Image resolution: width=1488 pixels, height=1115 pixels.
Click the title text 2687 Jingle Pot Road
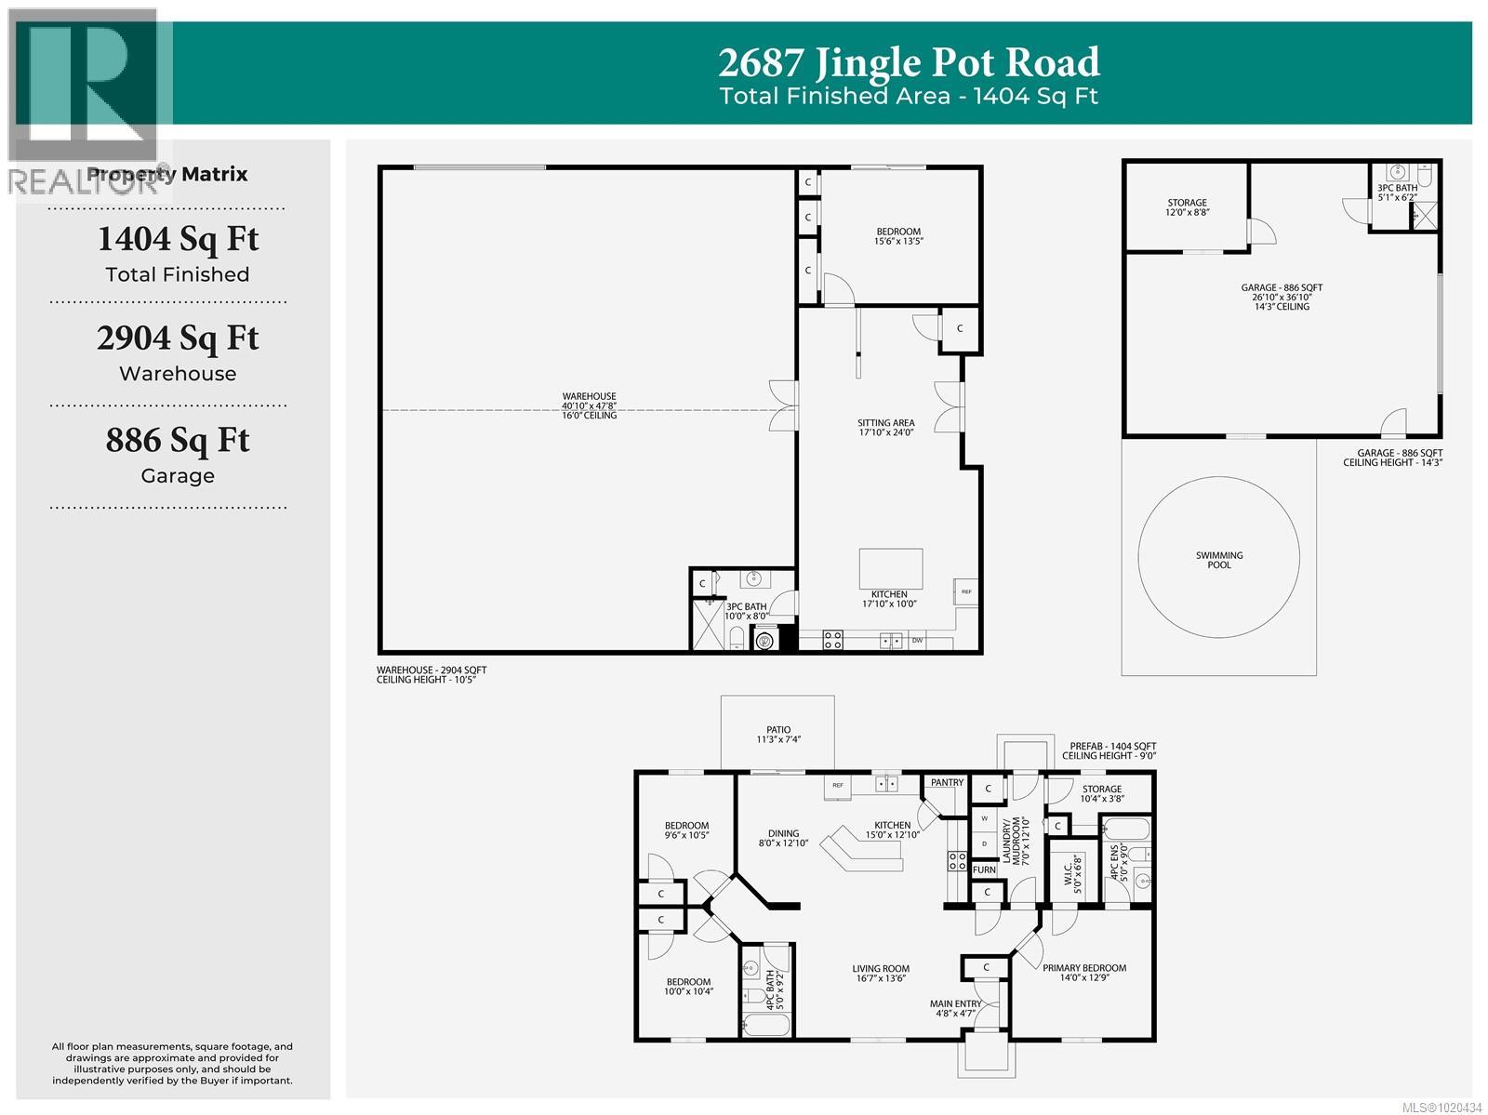(x=909, y=62)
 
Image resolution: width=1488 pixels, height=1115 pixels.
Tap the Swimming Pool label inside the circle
(x=1218, y=560)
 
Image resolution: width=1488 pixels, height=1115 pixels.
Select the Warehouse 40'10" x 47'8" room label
(x=589, y=405)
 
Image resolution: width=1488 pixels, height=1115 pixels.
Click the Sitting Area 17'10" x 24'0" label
(x=885, y=428)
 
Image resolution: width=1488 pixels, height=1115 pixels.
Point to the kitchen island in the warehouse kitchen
(x=891, y=564)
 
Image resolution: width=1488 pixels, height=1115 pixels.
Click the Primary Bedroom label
(x=1083, y=973)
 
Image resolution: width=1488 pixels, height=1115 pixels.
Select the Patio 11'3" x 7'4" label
(x=778, y=735)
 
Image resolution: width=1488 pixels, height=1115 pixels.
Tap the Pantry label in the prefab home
(x=947, y=782)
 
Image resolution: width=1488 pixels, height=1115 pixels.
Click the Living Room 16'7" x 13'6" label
(x=880, y=973)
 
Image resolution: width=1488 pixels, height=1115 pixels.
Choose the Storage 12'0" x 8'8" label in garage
(x=1187, y=207)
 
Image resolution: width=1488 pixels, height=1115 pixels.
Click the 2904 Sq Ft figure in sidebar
(x=178, y=338)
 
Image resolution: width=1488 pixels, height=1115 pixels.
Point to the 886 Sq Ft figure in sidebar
(x=178, y=440)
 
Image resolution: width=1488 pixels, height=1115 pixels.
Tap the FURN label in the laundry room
(x=984, y=870)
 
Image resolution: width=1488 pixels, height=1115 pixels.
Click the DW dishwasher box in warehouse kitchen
(x=917, y=640)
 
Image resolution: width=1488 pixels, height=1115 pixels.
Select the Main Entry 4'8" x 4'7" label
(x=955, y=1008)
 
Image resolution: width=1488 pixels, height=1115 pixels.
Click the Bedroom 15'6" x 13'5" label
(x=897, y=236)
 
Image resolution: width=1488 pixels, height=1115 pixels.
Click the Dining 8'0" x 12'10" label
(x=783, y=839)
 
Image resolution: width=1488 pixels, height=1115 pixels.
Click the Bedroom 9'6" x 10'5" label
(x=686, y=830)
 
